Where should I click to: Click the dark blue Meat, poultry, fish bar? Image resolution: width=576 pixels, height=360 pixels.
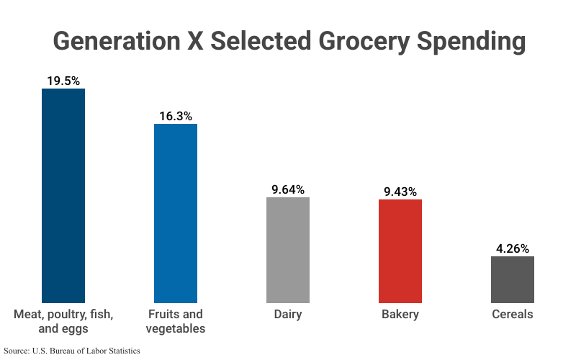click(x=63, y=195)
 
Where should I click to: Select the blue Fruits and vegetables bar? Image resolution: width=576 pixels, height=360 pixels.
click(x=176, y=213)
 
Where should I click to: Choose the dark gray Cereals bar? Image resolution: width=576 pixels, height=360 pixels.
click(x=513, y=279)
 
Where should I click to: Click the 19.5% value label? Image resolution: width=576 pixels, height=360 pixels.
click(x=63, y=81)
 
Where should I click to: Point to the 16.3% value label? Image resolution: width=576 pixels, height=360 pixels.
click(x=176, y=116)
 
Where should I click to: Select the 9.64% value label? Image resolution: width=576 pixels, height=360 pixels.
click(x=288, y=189)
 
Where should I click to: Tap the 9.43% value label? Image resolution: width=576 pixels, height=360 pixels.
click(x=400, y=192)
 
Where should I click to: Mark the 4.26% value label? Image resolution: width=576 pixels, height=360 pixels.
click(x=513, y=248)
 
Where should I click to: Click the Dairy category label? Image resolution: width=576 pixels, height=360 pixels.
click(x=288, y=315)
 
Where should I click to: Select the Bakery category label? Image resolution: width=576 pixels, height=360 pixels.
click(x=400, y=315)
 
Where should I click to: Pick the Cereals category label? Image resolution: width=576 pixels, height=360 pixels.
click(x=513, y=315)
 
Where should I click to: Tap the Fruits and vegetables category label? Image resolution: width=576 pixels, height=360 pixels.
click(x=176, y=321)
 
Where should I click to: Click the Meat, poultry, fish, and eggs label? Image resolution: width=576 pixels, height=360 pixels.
click(x=63, y=321)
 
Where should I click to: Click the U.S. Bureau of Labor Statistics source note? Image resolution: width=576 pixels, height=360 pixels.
click(x=71, y=351)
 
